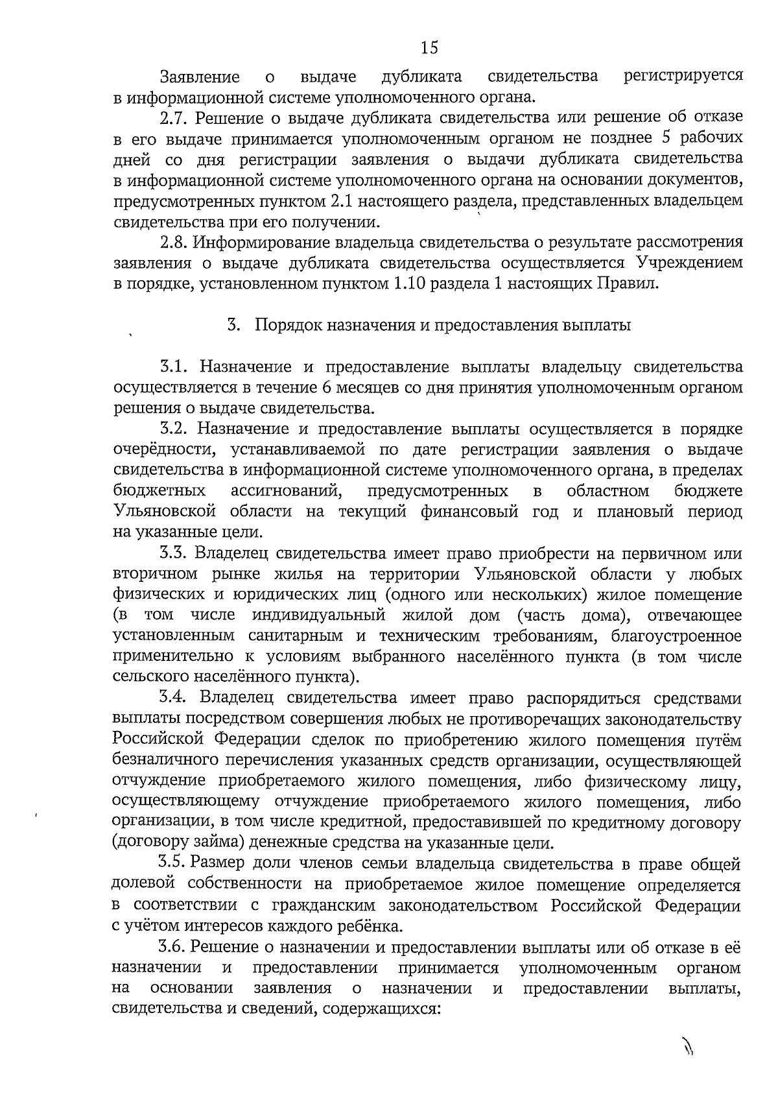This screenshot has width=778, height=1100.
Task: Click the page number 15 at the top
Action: (x=429, y=47)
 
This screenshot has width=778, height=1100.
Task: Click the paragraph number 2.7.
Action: (x=174, y=118)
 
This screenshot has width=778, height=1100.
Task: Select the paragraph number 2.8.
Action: (x=174, y=243)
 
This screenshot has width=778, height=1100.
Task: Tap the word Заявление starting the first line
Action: (x=200, y=77)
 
